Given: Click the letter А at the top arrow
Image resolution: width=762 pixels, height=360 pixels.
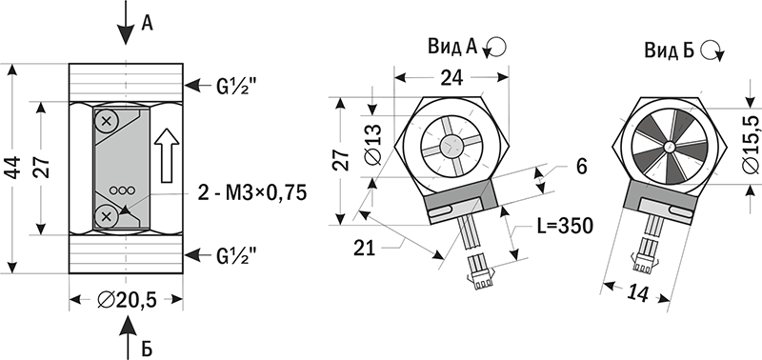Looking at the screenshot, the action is pos(147,23).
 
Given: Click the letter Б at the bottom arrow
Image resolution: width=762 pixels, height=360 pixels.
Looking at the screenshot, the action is pos(148,349).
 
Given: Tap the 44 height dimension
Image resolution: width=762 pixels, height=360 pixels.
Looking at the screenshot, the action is pos(14,168).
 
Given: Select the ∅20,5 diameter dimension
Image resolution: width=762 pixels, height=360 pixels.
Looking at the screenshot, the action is pos(127,300).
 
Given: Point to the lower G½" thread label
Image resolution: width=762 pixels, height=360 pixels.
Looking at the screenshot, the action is pos(235,255).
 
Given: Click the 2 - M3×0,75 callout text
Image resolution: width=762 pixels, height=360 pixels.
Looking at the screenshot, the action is pos(252,193).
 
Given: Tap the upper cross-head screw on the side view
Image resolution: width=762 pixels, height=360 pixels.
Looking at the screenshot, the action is pos(107,121).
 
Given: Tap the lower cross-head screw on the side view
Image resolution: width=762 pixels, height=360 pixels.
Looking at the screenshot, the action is pos(107,215).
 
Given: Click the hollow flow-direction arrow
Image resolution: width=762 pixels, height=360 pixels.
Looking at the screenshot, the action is pos(167,155).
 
